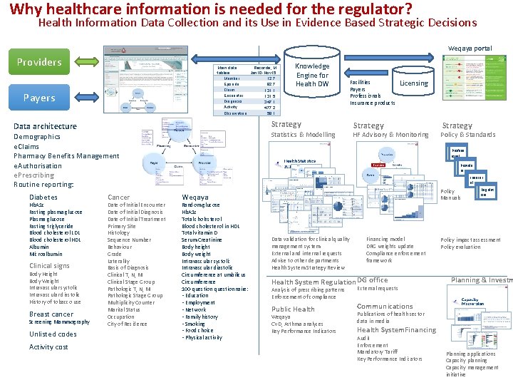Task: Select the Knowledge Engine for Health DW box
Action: click(313, 75)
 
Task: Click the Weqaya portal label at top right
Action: click(469, 48)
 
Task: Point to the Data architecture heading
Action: click(45, 126)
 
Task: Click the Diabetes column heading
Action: click(43, 197)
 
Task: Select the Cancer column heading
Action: click(118, 197)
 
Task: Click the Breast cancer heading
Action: click(51, 314)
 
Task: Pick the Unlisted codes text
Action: click(53, 334)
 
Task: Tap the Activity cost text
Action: click(48, 347)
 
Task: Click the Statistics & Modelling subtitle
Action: click(303, 135)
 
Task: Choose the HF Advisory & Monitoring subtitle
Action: click(390, 135)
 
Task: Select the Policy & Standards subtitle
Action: click(467, 135)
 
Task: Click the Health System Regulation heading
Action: click(313, 282)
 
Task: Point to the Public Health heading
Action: click(293, 309)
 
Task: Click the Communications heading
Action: click(385, 307)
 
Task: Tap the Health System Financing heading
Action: click(396, 330)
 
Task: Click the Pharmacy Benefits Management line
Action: click(66, 156)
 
